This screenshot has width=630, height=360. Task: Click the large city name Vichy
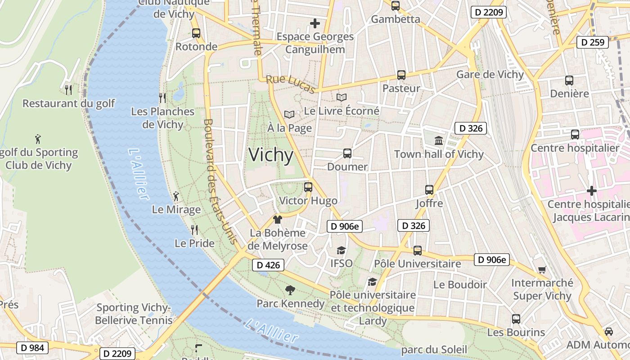click(271, 155)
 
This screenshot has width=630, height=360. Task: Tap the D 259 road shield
click(592, 42)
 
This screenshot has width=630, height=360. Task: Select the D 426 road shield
click(268, 265)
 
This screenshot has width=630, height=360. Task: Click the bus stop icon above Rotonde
click(196, 33)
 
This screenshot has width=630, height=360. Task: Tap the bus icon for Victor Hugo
click(308, 187)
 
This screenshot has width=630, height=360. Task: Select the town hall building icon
click(439, 140)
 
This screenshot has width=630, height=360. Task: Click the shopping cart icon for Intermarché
click(542, 270)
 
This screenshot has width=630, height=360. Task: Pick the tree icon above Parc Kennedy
click(290, 290)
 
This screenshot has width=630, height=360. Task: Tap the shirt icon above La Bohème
click(278, 220)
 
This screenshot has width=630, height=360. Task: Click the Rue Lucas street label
click(291, 84)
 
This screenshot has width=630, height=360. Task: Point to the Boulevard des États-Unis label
click(220, 181)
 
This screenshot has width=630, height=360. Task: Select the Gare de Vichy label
click(490, 74)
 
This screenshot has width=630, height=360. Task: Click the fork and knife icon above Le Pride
click(194, 230)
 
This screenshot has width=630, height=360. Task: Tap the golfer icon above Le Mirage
click(176, 196)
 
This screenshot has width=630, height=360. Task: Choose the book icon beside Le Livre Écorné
click(342, 97)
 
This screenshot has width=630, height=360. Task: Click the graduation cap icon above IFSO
click(342, 250)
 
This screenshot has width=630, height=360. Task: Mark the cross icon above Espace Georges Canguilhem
click(315, 23)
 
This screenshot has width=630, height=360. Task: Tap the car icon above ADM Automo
click(609, 331)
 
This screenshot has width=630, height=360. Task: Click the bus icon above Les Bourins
click(516, 319)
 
